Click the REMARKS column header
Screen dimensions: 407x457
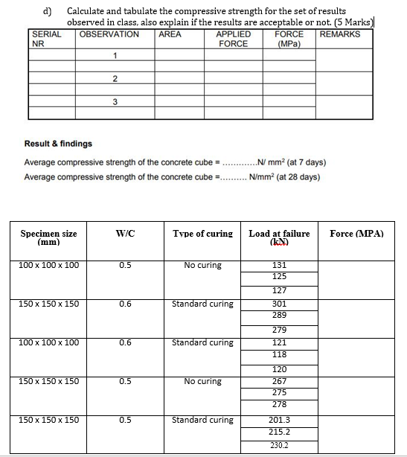[340, 34]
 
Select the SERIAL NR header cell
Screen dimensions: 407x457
[45, 39]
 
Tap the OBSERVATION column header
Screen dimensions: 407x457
[109, 34]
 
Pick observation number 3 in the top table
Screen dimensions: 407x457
[115, 103]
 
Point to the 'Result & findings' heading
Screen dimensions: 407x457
[58, 144]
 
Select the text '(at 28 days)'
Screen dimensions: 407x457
[296, 177]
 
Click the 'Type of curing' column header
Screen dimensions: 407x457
[202, 234]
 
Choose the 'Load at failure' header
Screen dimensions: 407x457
[279, 237]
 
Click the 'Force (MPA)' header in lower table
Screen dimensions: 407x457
[356, 234]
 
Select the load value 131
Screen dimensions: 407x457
[279, 265]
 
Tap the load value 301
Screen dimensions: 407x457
[279, 304]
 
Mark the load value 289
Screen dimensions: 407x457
[279, 316]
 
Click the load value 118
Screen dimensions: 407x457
[279, 354]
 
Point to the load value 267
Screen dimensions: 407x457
[279, 381]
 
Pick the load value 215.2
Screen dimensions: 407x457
[279, 432]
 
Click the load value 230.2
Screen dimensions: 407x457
[279, 447]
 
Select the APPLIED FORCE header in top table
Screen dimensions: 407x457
[233, 39]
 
